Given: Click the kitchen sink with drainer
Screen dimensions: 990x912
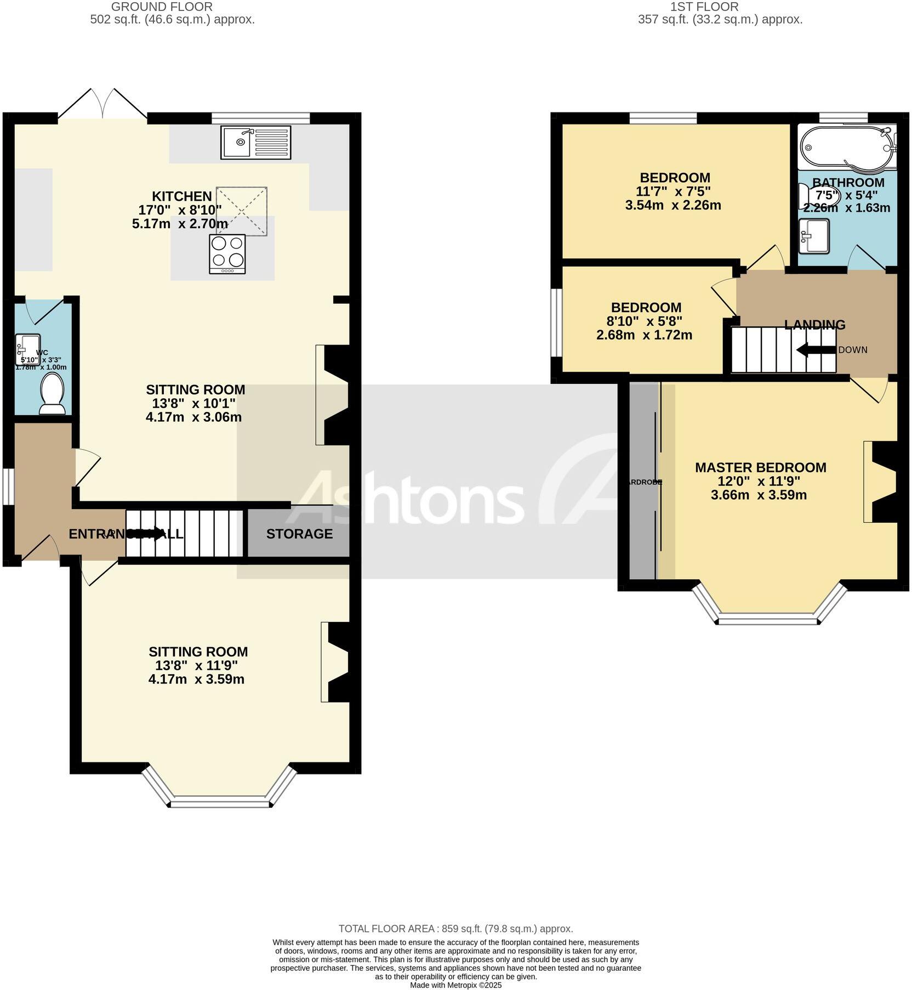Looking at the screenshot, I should tap(256, 143).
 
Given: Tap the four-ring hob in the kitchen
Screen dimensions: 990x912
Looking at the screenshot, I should tap(227, 254).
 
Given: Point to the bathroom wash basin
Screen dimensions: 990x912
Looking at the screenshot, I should tap(814, 236).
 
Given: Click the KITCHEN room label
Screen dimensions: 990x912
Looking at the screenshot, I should tap(181, 196).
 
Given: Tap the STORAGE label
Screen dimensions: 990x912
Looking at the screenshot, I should tap(299, 534).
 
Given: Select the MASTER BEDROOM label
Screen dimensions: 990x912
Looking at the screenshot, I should tap(760, 467).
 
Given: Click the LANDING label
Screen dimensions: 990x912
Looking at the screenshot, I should tap(814, 325).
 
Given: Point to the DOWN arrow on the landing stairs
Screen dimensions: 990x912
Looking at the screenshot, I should tap(815, 349).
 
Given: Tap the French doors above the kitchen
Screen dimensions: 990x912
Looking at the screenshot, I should tap(103, 104).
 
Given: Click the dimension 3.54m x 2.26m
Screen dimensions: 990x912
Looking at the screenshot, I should tap(672, 206).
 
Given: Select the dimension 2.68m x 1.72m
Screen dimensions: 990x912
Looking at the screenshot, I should tap(644, 335).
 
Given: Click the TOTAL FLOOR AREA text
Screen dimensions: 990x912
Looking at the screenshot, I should tap(455, 929).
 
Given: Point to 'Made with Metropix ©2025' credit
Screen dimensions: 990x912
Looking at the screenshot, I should tap(455, 985).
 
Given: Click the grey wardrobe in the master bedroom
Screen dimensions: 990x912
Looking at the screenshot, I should tap(642, 481).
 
